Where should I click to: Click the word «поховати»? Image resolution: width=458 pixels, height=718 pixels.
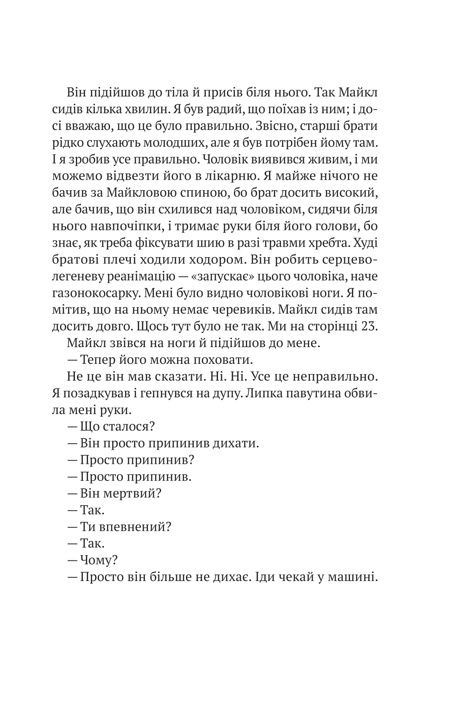pos(222,360)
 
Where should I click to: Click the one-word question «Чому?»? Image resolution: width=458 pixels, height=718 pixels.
pos(99,560)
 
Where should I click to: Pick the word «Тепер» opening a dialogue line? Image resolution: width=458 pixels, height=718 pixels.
pos(96,360)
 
